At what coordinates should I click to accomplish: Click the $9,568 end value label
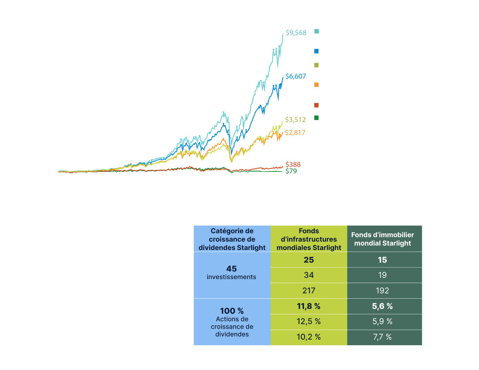pos(296,33)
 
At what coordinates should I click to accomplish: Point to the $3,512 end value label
pos(295,119)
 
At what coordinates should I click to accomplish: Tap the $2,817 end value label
pos(295,132)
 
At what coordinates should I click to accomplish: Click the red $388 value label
pos(293,164)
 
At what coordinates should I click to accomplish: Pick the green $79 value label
pos(291,171)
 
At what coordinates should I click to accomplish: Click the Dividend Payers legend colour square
pos(316,51)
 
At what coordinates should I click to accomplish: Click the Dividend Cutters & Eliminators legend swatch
pos(316,118)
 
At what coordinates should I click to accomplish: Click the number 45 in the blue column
pos(232,268)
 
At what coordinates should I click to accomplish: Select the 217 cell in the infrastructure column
pos(309,291)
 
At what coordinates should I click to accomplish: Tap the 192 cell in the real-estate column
pos(382,291)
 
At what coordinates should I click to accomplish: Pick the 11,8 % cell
pos(309,306)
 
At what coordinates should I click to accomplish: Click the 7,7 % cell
pos(382,337)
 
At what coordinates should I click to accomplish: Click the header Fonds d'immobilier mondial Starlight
pos(382,239)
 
